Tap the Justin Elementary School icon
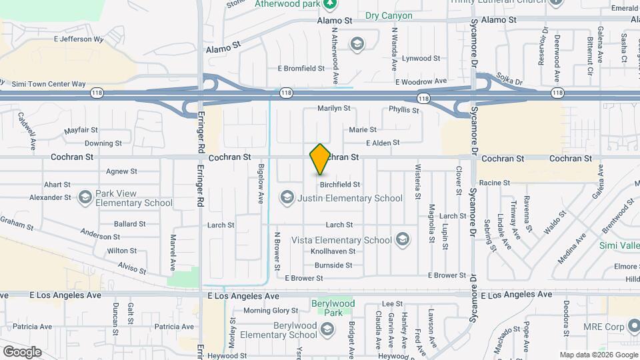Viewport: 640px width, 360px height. [x=287, y=197]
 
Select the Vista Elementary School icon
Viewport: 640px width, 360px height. [x=402, y=239]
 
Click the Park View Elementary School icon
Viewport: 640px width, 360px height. [x=85, y=197]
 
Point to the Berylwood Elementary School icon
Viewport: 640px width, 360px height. [x=327, y=329]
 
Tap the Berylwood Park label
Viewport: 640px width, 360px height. [x=333, y=308]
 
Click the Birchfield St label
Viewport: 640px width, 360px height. [x=340, y=184]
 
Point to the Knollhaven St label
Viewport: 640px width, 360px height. [x=333, y=251]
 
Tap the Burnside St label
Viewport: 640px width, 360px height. [x=333, y=265]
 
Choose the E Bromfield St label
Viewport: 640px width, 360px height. [x=301, y=69]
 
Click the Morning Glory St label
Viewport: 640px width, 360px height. [x=271, y=310]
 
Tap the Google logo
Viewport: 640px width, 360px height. [x=22, y=351]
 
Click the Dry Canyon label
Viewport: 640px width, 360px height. [x=389, y=15]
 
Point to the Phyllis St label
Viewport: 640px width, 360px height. [x=403, y=109]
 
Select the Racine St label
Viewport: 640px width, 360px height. [x=495, y=182]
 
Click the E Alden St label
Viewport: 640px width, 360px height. [x=383, y=142]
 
